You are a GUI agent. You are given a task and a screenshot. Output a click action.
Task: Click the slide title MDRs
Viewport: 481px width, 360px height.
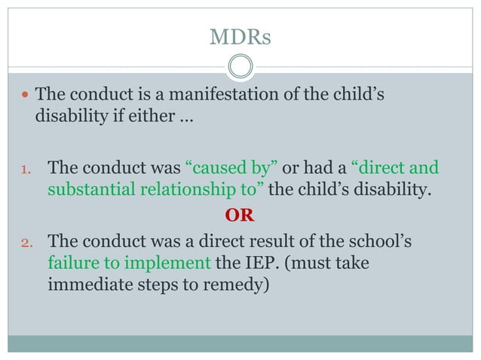click(x=240, y=37)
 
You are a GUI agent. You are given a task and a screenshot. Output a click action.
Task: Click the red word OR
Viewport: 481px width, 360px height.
click(x=240, y=216)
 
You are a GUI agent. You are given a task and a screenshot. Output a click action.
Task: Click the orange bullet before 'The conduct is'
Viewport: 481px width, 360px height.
click(x=25, y=97)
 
